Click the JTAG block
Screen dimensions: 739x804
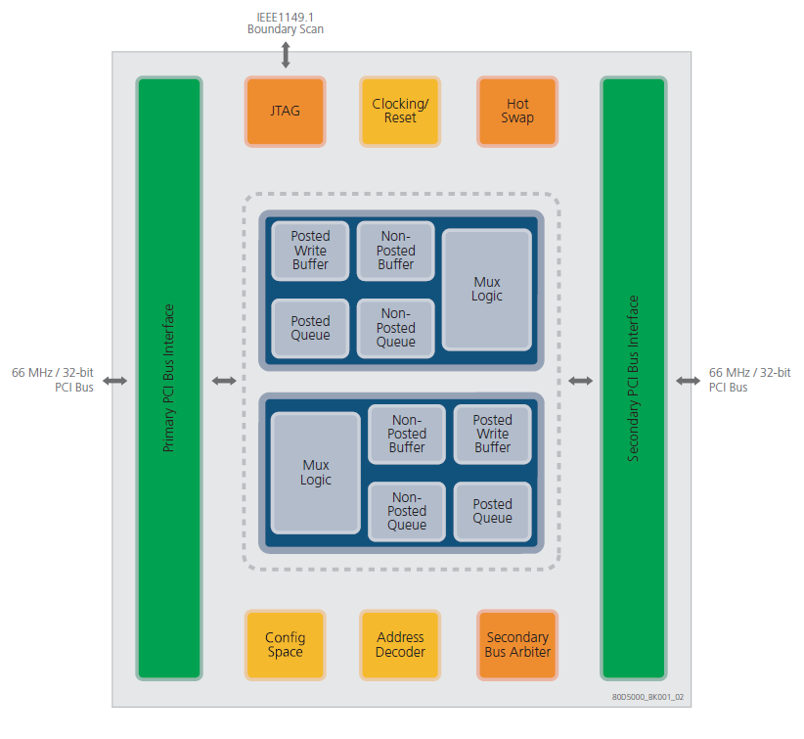coord(285,112)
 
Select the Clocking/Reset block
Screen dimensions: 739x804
coord(400,112)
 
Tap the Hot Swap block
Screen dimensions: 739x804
coord(517,112)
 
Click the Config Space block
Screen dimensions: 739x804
coord(285,645)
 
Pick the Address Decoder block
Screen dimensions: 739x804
coord(400,645)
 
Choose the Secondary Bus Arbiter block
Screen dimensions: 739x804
coord(517,645)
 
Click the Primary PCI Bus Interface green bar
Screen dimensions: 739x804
coord(169,378)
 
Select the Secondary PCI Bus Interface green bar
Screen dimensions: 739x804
coord(633,378)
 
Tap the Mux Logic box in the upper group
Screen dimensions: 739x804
coord(487,289)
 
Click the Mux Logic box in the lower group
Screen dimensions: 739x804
coord(316,473)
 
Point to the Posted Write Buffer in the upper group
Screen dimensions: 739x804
coord(310,250)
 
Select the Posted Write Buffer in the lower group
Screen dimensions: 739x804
coord(492,434)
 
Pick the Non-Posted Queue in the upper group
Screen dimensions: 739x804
coord(395,328)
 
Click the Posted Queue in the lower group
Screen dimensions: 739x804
coord(492,511)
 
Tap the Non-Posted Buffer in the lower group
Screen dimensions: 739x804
coord(407,434)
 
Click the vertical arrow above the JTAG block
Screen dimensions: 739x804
coord(286,55)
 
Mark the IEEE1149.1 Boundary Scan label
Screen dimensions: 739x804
coord(286,23)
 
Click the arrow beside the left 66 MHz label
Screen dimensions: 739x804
coord(115,380)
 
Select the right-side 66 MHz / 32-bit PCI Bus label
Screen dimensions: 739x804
coord(749,380)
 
